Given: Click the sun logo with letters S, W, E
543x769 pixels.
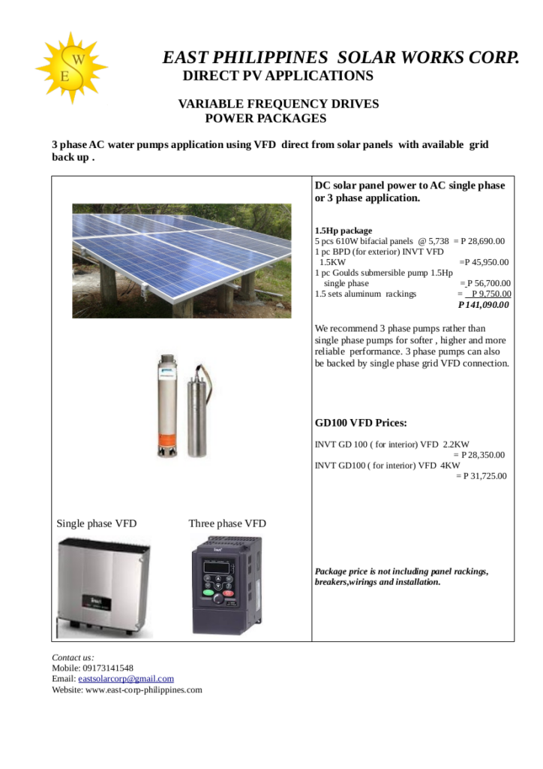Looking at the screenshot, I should click(71, 68).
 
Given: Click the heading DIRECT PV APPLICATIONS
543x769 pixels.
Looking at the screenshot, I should click(277, 76).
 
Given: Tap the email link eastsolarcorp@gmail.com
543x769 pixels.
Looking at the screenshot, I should click(126, 679).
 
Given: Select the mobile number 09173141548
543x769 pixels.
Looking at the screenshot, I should click(103, 668).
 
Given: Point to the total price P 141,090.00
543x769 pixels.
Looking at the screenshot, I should click(484, 305).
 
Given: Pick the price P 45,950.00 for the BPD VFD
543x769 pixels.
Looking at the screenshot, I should click(485, 262).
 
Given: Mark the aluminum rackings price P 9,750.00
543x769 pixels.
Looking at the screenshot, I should click(490, 294).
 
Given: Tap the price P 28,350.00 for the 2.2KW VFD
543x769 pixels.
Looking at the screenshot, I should click(482, 455).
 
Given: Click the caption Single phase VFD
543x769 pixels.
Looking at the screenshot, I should click(97, 523).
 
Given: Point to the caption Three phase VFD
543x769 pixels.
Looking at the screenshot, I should click(227, 523).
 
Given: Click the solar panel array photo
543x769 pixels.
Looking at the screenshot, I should click(181, 259).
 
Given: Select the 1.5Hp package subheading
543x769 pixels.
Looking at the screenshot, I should click(343, 231).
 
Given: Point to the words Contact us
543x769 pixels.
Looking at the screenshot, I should click(73, 657).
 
